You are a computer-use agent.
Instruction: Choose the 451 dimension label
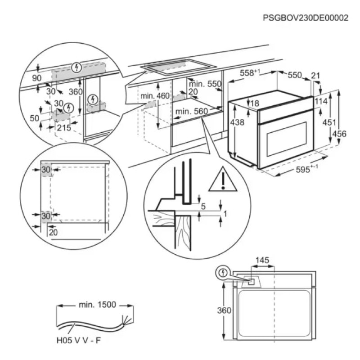pyautogui.click(x=331, y=122)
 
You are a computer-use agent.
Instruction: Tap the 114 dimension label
pyautogui.click(x=321, y=101)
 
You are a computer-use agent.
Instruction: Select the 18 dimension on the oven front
pyautogui.click(x=255, y=103)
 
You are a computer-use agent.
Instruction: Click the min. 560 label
pyautogui.click(x=190, y=111)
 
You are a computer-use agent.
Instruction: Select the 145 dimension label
pyautogui.click(x=262, y=261)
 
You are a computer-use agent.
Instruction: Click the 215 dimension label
pyautogui.click(x=65, y=128)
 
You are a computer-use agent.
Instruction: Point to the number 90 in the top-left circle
pyautogui.click(x=37, y=78)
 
